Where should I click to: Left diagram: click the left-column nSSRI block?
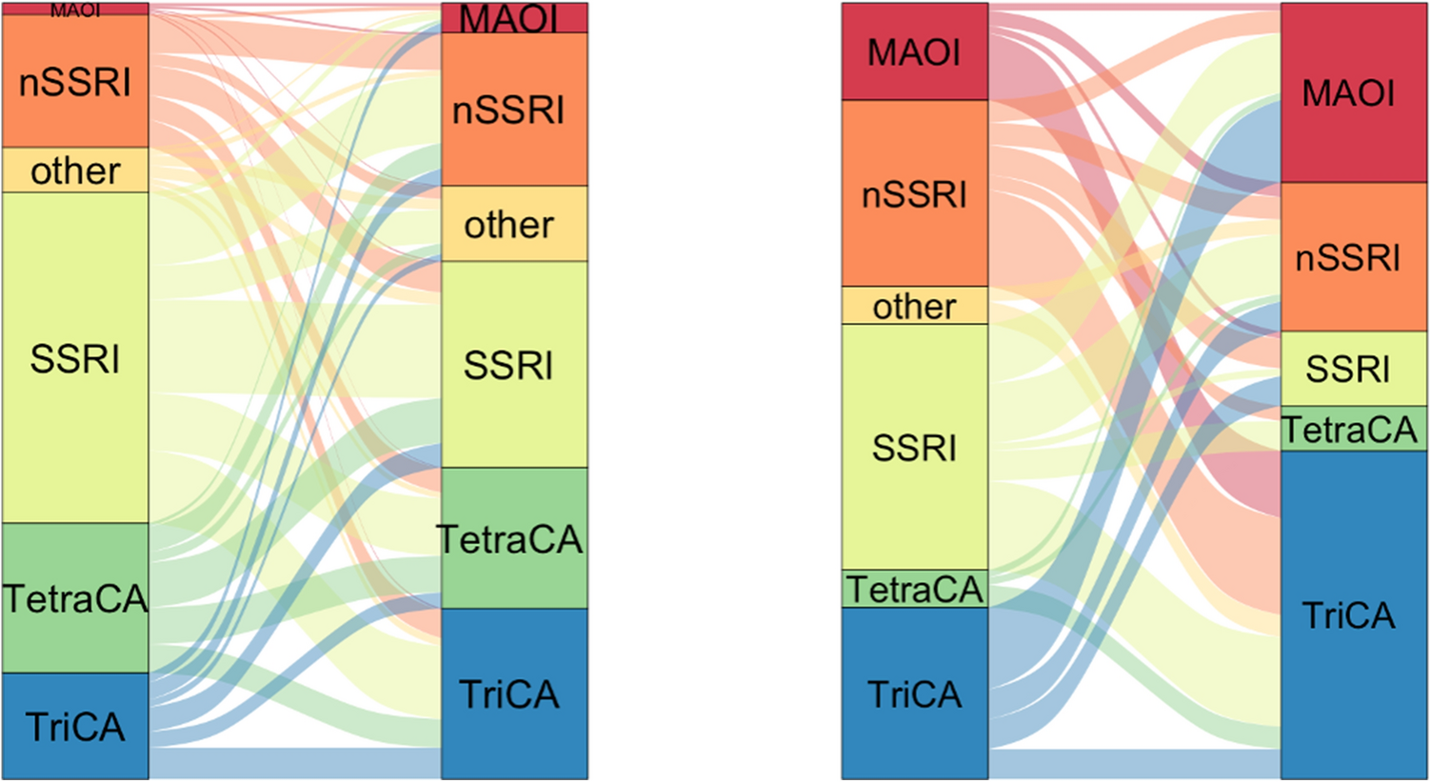tap(75, 81)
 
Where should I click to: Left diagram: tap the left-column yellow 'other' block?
tap(75, 170)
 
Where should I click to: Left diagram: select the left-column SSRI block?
tap(75, 358)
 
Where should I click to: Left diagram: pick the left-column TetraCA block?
tap(75, 598)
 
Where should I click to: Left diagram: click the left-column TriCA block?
tap(75, 726)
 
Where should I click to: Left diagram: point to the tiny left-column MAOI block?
tap(75, 10)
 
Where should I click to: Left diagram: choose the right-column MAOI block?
tap(514, 18)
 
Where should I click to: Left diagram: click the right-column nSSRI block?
tap(514, 110)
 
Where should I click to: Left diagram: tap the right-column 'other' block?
tap(514, 224)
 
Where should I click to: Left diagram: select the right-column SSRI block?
tap(514, 365)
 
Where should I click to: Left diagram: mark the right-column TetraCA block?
tap(514, 538)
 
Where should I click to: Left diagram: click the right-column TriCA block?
tap(514, 693)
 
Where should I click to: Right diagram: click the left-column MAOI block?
tap(915, 51)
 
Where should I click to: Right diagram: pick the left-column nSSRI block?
tap(915, 193)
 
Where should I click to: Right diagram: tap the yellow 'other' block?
tap(915, 306)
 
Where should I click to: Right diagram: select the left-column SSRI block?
tap(915, 447)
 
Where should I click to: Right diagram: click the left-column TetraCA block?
tap(915, 590)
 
